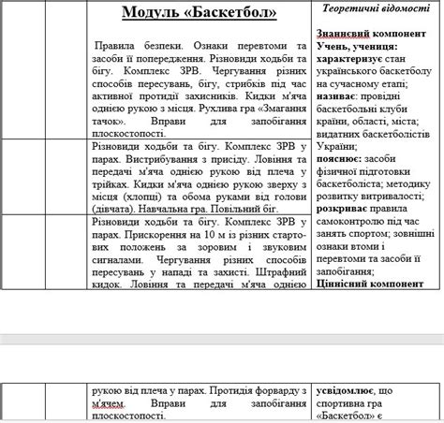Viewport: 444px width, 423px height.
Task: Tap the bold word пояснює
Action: [x=341, y=160]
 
